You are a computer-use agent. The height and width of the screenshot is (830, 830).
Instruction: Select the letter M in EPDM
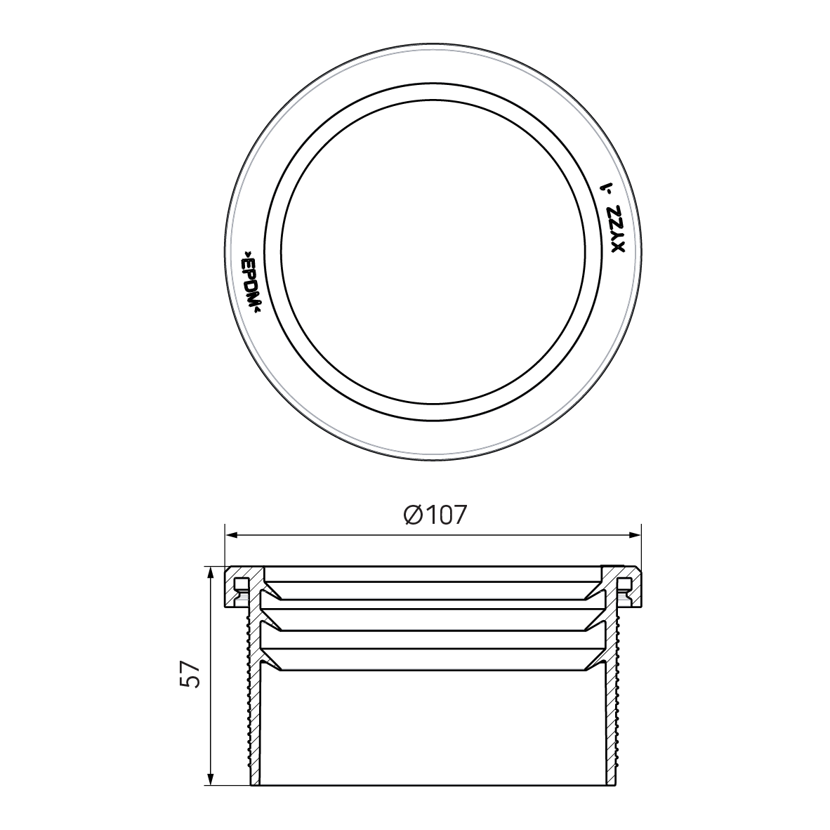(x=255, y=301)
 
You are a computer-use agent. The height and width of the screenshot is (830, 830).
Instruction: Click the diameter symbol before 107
(x=413, y=515)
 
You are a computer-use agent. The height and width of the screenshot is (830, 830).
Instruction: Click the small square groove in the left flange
(x=240, y=582)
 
